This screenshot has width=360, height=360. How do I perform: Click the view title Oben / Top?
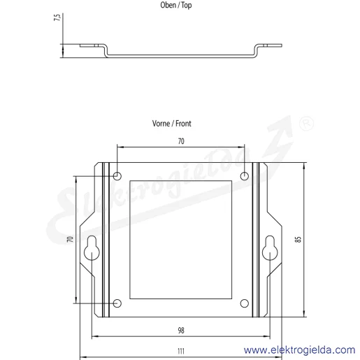pos(176,5)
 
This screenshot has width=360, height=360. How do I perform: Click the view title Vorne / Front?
pos(172,124)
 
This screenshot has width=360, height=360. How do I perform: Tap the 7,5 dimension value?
pos(57,17)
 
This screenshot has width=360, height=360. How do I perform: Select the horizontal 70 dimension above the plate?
pos(181,141)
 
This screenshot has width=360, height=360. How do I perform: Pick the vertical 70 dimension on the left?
pos(70,239)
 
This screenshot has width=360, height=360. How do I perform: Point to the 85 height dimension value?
pos(298,240)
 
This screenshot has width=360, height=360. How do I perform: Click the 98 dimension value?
pos(181,331)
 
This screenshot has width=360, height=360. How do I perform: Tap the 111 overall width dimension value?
pos(181,351)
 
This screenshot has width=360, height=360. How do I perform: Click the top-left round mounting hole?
pos(117,176)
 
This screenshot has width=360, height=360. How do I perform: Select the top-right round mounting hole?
pos(245,176)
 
